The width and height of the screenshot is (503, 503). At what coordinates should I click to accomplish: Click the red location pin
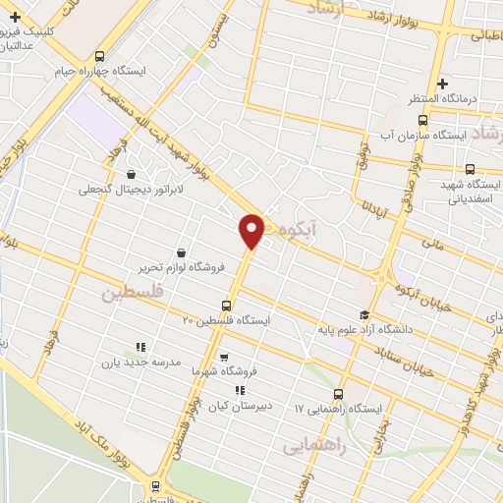pos(252,230)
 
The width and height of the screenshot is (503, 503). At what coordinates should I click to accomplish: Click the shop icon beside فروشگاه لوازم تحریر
pos(180,252)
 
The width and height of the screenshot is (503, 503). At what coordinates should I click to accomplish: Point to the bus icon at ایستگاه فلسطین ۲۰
pos(227,306)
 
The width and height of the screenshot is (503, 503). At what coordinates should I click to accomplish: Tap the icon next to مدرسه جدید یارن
pos(140,347)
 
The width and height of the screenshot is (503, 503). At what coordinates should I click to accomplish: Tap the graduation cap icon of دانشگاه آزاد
pos(364,315)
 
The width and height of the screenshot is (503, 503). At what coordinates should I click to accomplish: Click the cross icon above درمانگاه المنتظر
pos(443,84)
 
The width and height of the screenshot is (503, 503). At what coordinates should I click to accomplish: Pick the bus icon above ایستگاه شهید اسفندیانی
pos(471,169)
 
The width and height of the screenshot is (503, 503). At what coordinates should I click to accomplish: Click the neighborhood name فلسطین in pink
pos(130,293)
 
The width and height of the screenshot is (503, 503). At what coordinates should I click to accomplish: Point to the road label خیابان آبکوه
pos(422,296)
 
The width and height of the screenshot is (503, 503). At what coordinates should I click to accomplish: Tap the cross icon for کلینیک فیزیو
pos(15,17)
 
